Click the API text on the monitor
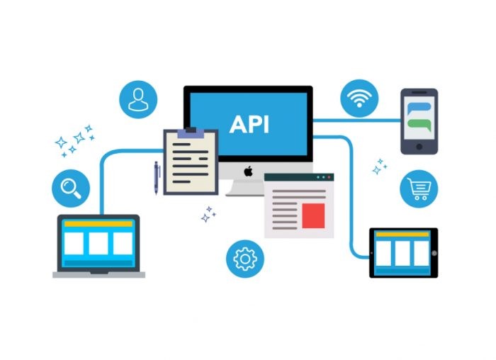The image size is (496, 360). coord(249,124)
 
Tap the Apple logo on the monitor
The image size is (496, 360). coord(248,171)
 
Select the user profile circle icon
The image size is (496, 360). coord(138,100)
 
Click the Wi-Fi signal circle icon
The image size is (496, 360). coord(359,99)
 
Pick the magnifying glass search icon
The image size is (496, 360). coord(71,189)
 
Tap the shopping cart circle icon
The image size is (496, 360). coord(419,189)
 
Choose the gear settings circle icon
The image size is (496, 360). coord(245,259)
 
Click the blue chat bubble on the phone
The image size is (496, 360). coord(419,108)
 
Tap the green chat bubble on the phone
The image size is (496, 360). coord(419,125)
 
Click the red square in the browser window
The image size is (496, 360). coord(313,215)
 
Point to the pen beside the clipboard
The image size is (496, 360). coord(157,177)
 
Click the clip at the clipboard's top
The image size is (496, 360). coord(191,133)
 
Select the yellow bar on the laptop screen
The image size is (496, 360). coord(98,224)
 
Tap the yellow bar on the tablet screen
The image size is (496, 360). coord(402,235)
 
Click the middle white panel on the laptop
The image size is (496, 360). coord(98,243)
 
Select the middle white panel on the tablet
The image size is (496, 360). coord(402,254)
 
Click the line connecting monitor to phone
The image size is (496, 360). coord(357,120)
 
